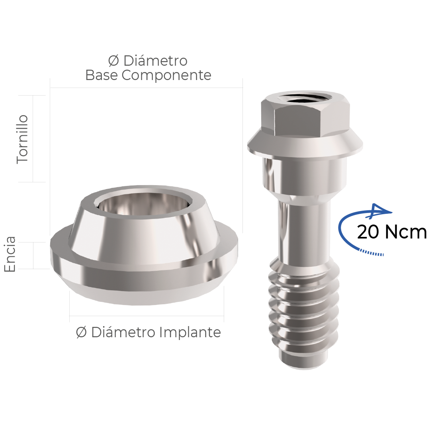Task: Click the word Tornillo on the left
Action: click(22, 139)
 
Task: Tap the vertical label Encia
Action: click(10, 254)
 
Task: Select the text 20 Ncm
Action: click(392, 232)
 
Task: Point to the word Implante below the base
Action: click(190, 332)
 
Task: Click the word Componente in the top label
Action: click(166, 75)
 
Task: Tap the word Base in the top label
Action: click(102, 75)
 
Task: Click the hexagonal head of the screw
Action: click(305, 115)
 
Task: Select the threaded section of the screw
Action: click(304, 310)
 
